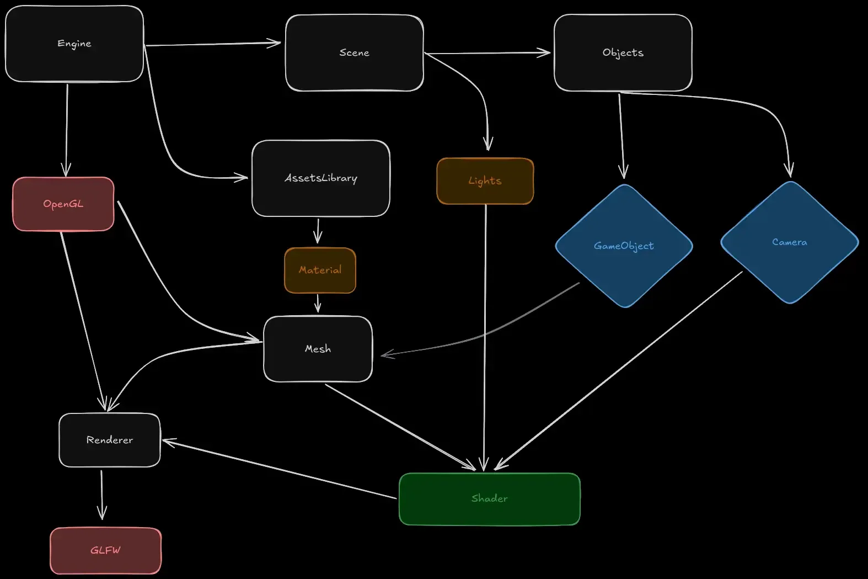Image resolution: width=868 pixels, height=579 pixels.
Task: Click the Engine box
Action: [74, 44]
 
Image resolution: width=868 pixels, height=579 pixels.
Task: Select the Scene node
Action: [354, 52]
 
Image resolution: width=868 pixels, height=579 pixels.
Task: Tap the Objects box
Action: [623, 52]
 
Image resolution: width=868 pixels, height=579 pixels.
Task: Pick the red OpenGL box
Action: [63, 204]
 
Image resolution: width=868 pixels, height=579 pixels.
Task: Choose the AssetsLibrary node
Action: [320, 178]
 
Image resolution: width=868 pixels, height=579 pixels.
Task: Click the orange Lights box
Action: [485, 181]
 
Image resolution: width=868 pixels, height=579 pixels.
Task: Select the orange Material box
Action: [320, 270]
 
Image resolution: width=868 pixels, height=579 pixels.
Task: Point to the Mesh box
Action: [318, 349]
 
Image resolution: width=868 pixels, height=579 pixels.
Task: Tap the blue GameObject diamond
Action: [624, 246]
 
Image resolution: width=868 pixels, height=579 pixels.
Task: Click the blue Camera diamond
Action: [789, 242]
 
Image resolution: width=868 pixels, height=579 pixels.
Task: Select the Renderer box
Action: [110, 440]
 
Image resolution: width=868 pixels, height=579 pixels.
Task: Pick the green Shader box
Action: [489, 498]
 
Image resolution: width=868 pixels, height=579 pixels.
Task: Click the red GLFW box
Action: [105, 550]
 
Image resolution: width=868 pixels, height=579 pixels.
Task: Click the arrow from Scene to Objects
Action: [487, 53]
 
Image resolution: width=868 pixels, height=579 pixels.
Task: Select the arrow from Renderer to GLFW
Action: [101, 494]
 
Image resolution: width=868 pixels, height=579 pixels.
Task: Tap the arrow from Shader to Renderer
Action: [279, 469]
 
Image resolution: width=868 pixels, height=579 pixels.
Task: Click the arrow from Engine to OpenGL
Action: [67, 130]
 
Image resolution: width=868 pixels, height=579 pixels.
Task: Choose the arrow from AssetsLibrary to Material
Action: [318, 231]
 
